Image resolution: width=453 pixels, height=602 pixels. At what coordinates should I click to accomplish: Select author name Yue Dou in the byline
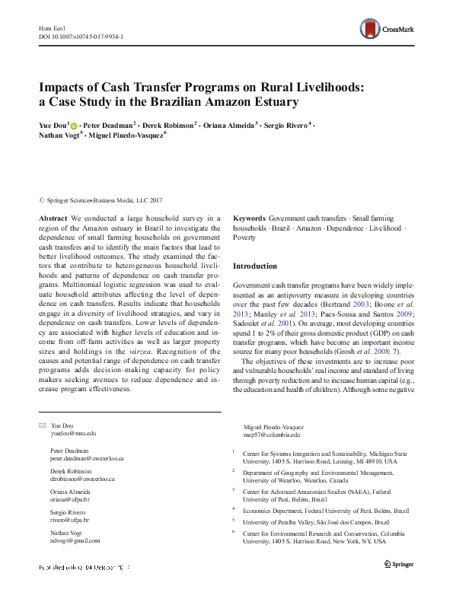tap(52, 123)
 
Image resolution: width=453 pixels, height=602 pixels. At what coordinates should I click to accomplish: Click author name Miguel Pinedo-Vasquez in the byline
tap(132, 135)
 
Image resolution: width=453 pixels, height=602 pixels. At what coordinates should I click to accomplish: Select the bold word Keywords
tap(249, 218)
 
